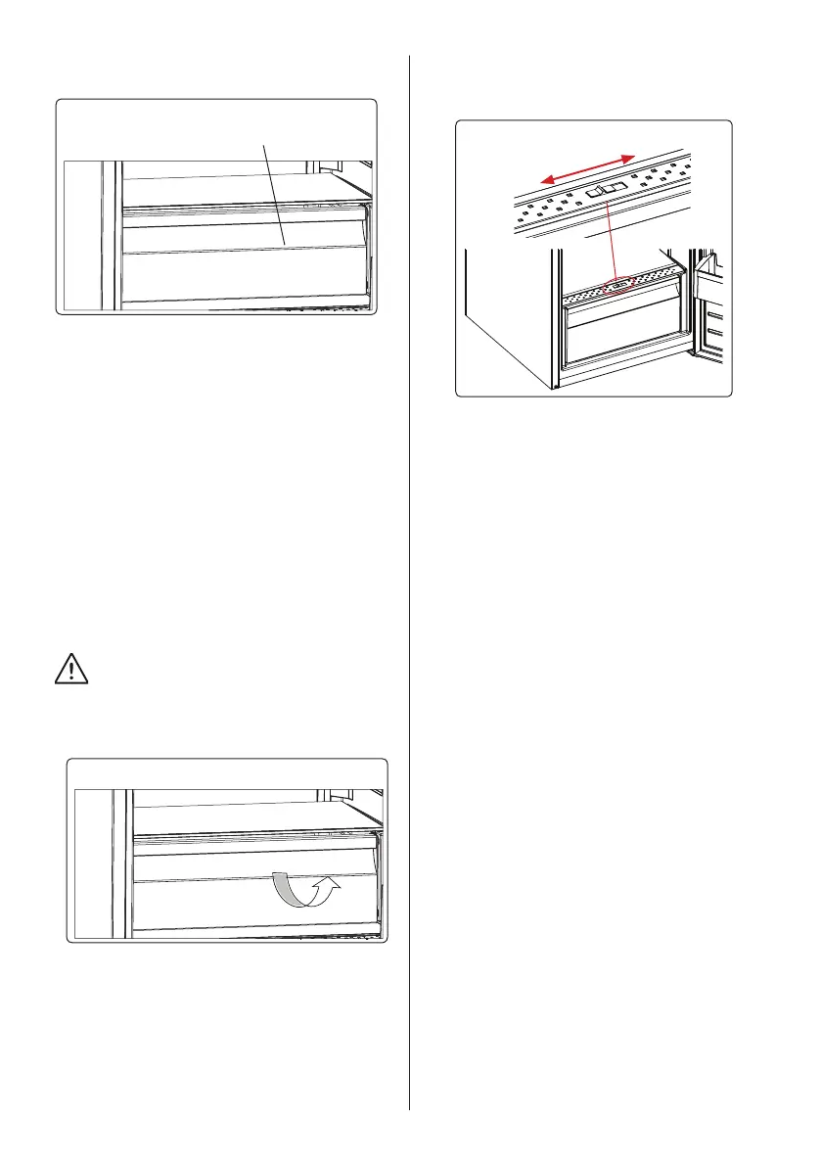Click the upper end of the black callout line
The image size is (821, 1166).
(x=263, y=143)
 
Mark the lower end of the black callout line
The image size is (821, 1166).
(x=285, y=243)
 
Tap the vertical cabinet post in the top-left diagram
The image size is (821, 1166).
(x=115, y=235)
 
